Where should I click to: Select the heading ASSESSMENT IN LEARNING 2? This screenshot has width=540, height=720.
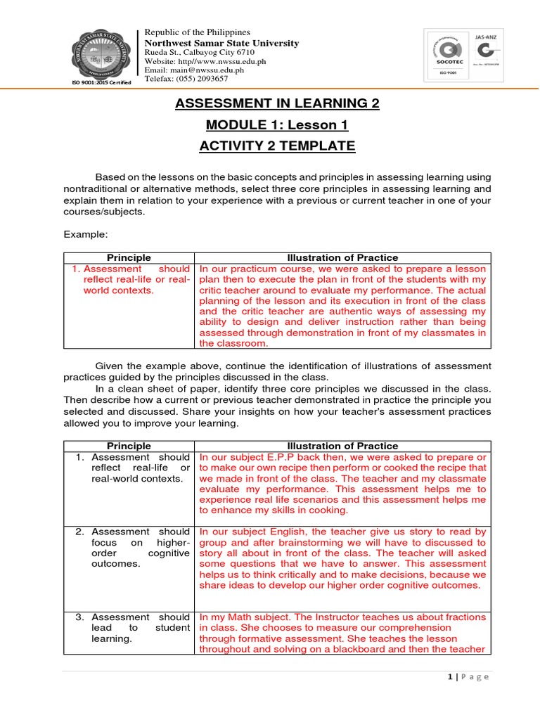pos(276,104)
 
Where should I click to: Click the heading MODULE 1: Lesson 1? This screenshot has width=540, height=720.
pos(276,125)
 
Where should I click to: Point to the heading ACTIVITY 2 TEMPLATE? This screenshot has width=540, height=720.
pos(276,146)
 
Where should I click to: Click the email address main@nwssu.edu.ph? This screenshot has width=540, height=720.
pos(194,70)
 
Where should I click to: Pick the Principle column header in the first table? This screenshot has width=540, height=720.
pos(129,258)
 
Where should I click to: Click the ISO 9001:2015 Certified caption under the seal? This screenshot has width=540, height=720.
pos(101,92)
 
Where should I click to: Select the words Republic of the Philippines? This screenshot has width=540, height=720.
pos(197,32)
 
